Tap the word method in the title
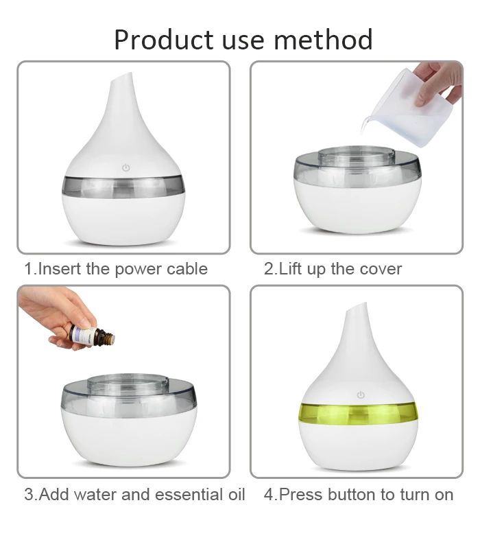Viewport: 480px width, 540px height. pos(323,40)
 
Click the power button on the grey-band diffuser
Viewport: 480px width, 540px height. pos(126,167)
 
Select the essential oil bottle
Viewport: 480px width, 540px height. pos(92,335)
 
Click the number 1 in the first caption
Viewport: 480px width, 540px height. pos(29,268)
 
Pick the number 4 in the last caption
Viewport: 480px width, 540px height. pos(268,495)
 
